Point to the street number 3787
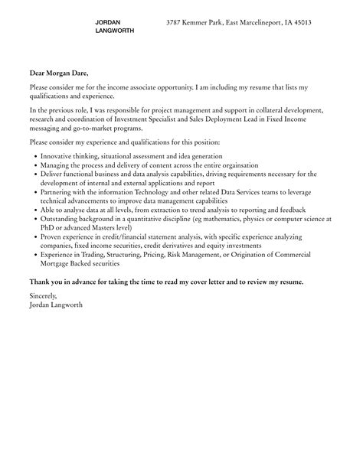[176, 23]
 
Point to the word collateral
[280, 110]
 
